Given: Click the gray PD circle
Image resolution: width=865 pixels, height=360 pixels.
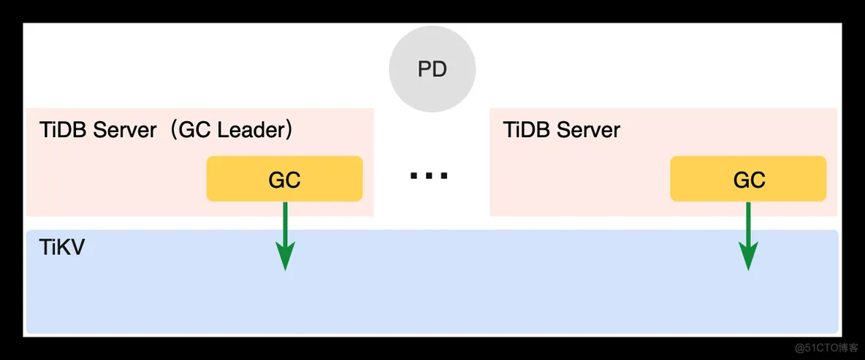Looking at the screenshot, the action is click(432, 70).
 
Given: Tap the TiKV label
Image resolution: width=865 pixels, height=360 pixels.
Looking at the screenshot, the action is click(62, 248).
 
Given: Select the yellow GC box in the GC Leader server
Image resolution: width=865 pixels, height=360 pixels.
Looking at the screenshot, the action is click(284, 179).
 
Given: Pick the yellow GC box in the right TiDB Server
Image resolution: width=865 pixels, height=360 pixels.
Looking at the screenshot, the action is click(748, 179).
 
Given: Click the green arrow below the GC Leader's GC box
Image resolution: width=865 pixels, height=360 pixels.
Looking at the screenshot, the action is click(285, 236).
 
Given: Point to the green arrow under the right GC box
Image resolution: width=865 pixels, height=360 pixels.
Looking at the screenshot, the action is click(748, 236).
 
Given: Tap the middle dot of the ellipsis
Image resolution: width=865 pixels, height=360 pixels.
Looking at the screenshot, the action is click(429, 177).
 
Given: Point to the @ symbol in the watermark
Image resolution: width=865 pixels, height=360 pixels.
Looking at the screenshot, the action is click(800, 348).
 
